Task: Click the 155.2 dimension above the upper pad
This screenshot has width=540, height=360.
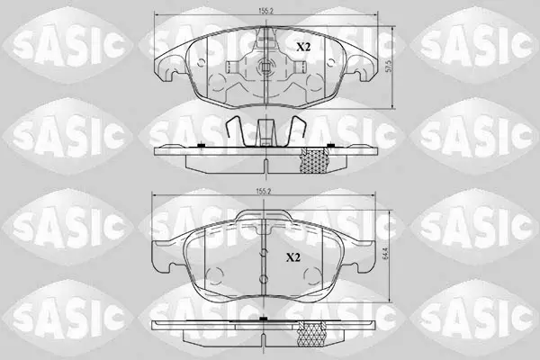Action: (x=265, y=11)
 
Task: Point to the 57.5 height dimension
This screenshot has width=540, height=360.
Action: (x=389, y=67)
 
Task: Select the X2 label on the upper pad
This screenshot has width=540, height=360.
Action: (x=303, y=47)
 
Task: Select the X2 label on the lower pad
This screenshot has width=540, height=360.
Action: (x=293, y=257)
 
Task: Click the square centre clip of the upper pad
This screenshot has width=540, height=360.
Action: (x=265, y=67)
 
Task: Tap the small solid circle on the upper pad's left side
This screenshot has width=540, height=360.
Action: (x=202, y=62)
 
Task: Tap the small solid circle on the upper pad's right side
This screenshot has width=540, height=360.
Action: (x=330, y=62)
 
